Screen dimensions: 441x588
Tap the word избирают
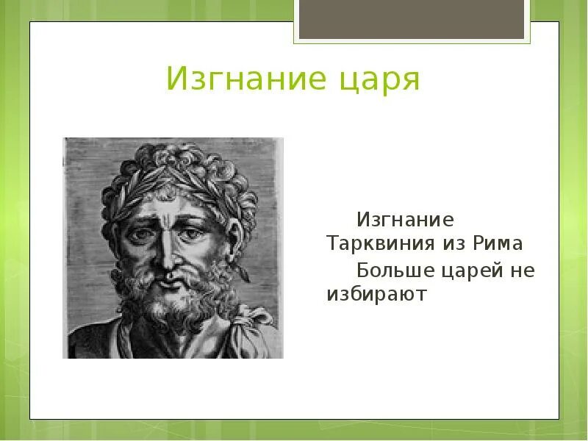coord(377,295)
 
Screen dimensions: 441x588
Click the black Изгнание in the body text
coord(406,219)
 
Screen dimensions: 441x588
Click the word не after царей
coord(523,271)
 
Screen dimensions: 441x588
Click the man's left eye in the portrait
coord(193,234)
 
